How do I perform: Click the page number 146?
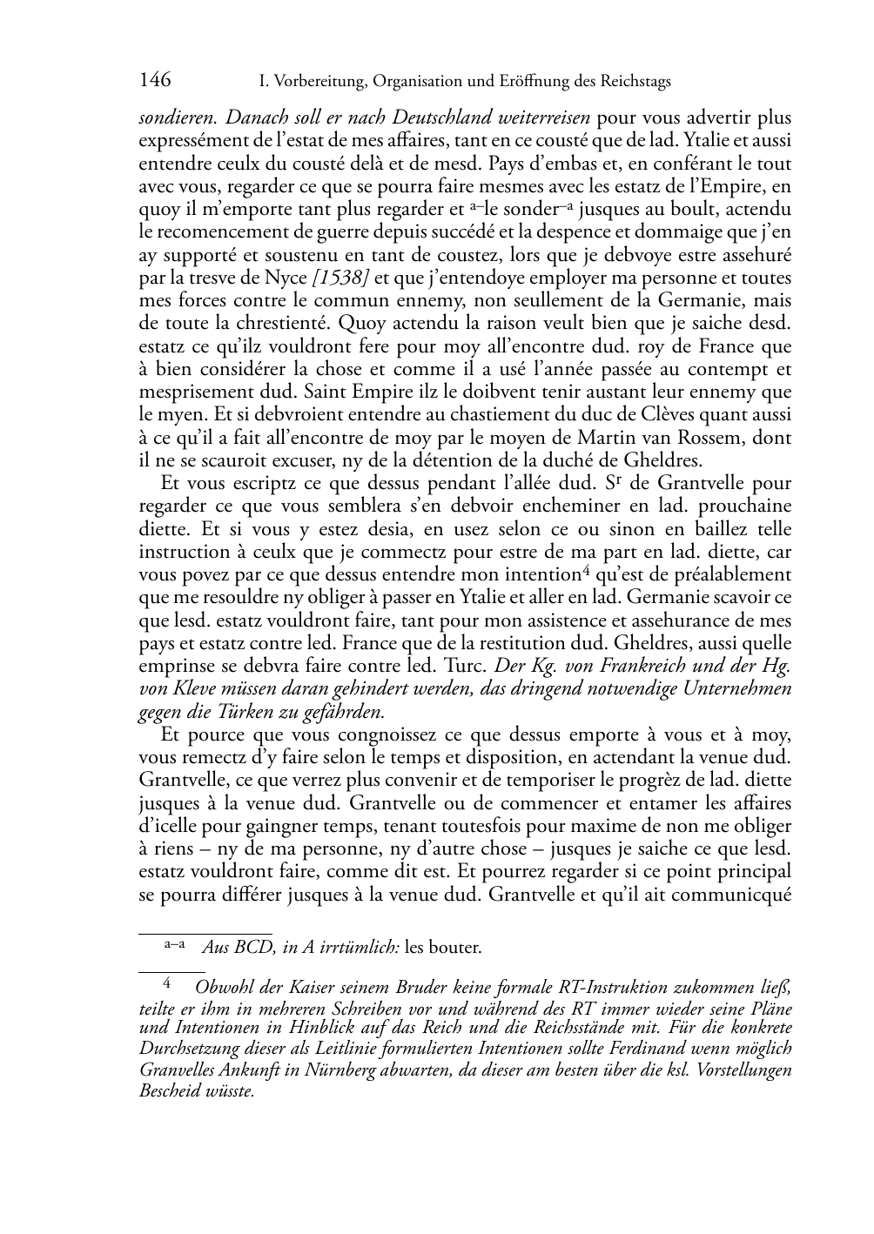155,81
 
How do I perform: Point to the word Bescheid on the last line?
168,1090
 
